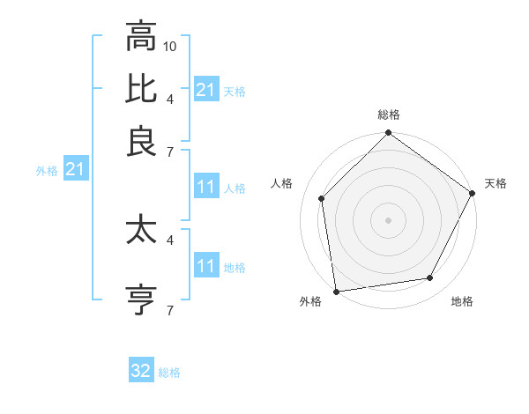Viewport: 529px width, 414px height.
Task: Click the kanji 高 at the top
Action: (x=140, y=38)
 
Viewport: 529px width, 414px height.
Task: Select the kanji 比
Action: (x=140, y=89)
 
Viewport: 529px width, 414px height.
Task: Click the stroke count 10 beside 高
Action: (x=170, y=45)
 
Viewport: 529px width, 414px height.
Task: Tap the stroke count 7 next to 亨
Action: (x=170, y=310)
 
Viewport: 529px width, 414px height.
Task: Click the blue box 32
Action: (x=141, y=371)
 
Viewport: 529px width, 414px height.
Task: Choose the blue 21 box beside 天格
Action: (x=205, y=90)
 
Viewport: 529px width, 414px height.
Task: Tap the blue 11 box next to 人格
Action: (x=205, y=187)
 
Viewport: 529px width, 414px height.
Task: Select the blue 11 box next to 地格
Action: (x=205, y=266)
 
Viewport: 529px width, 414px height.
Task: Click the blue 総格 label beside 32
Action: (x=169, y=373)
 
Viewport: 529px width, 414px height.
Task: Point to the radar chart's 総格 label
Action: (x=388, y=115)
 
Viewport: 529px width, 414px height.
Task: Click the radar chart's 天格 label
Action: (x=495, y=183)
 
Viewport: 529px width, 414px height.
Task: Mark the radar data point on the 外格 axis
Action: (x=336, y=291)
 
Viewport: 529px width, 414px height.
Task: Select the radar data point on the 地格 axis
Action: (x=430, y=278)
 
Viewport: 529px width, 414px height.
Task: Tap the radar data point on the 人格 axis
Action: (x=322, y=198)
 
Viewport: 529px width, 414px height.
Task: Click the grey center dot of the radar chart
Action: (x=388, y=219)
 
